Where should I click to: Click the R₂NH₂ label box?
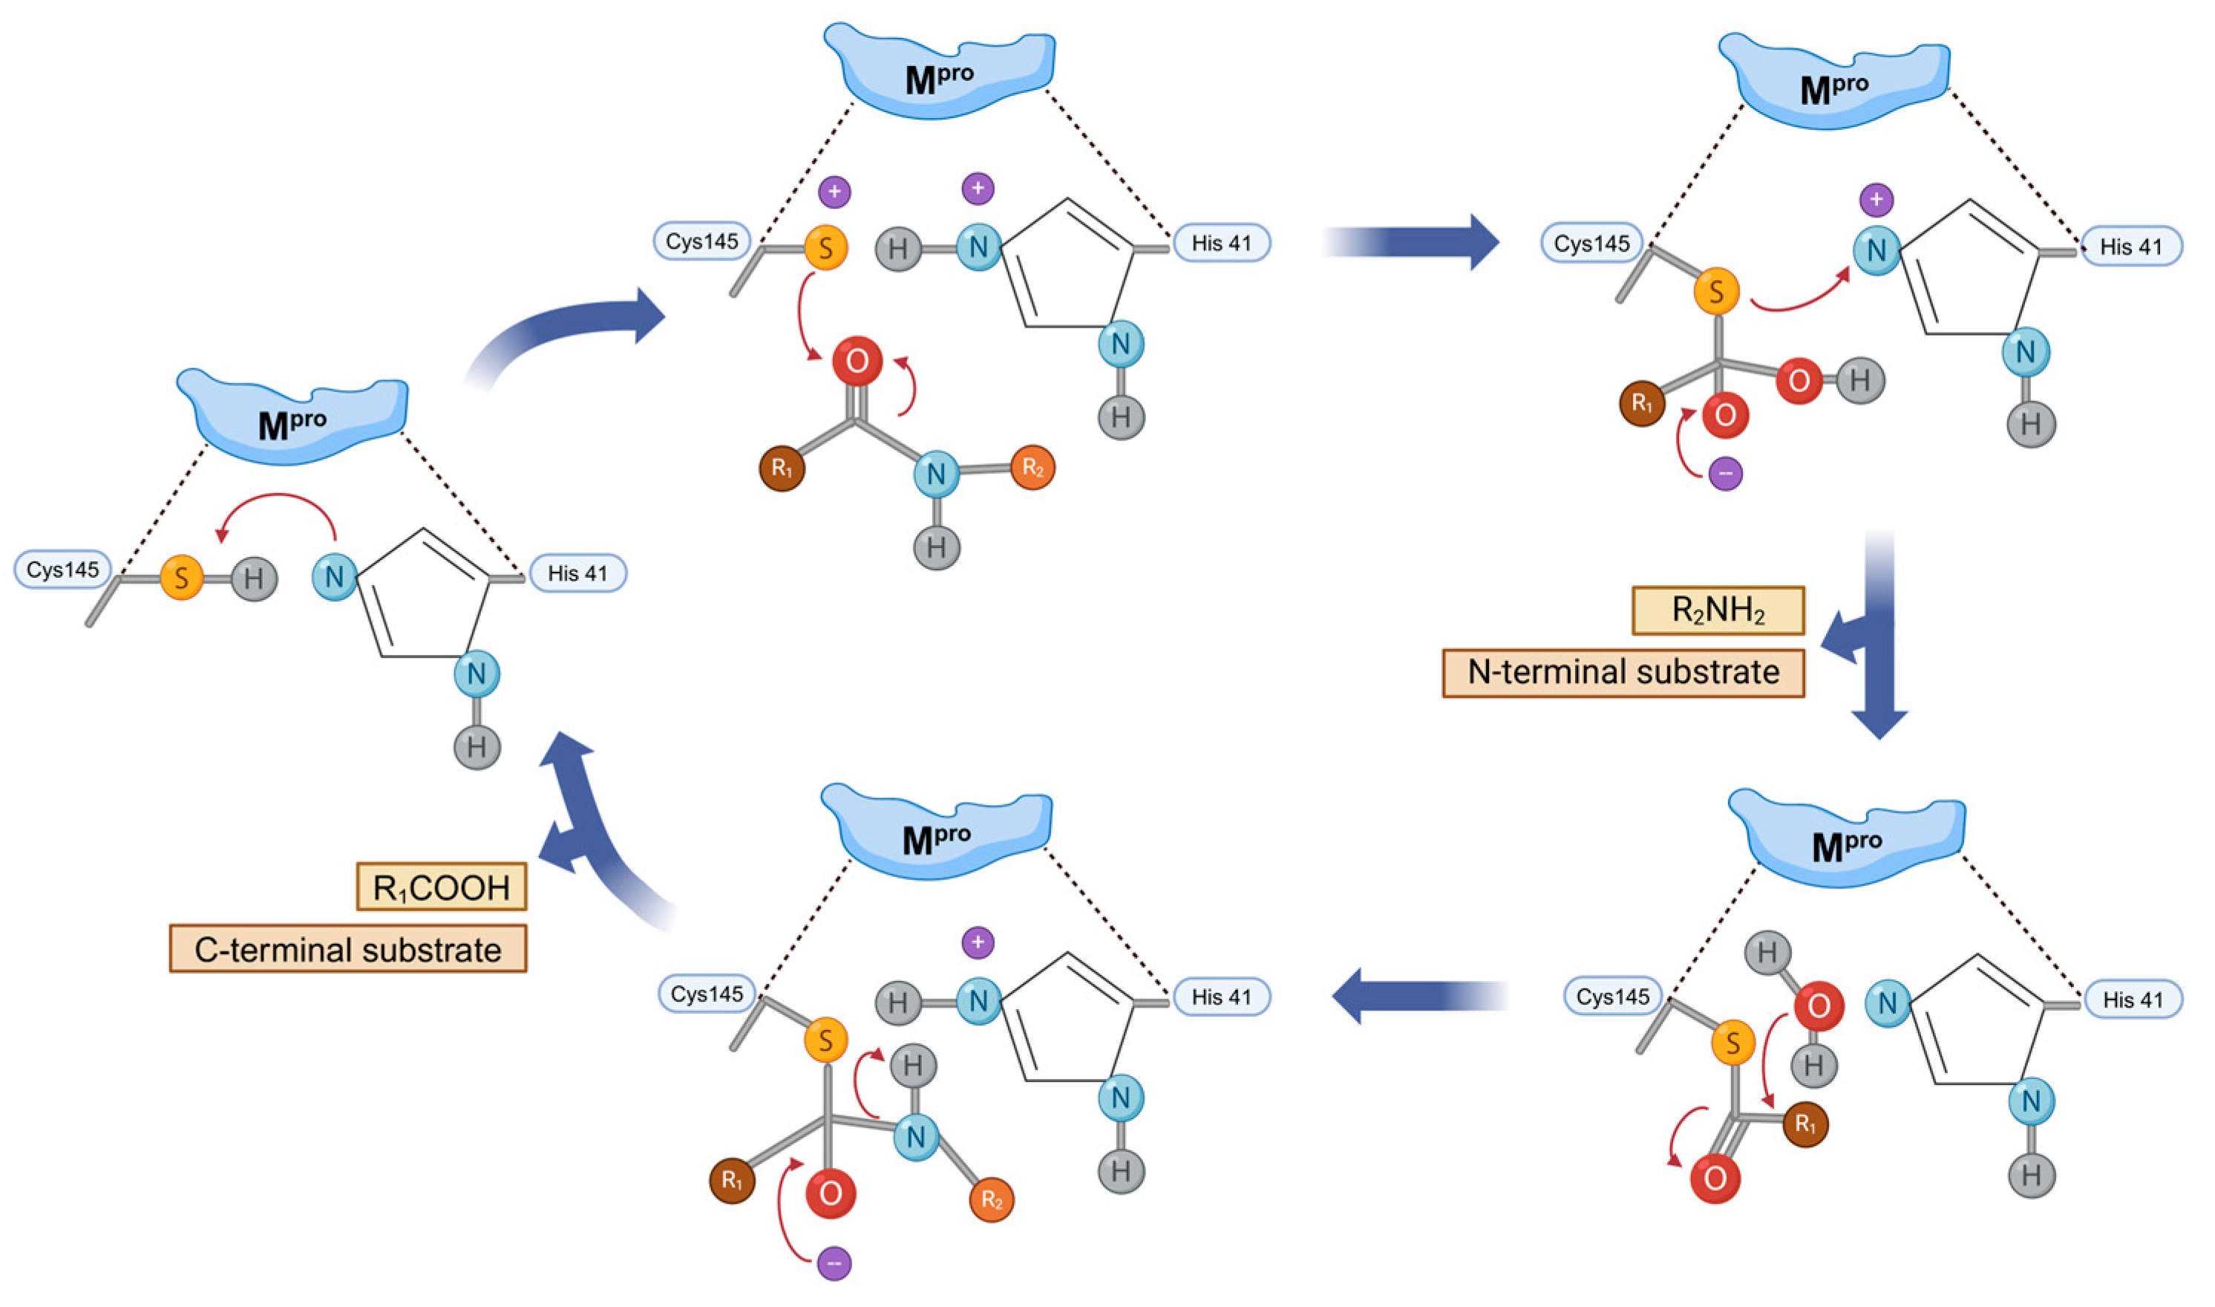[1718, 610]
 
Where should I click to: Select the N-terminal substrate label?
[1623, 673]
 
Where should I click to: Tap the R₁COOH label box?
[441, 887]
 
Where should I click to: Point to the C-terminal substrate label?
[347, 949]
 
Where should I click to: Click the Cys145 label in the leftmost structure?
[62, 570]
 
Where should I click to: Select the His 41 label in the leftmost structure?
[578, 573]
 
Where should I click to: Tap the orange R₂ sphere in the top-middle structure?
[1033, 468]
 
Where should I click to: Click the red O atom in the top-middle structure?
[857, 360]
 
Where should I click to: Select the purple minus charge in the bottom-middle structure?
[834, 1264]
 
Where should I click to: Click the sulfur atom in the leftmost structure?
[181, 578]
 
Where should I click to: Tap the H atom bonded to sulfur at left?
[254, 578]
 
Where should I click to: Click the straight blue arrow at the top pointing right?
[1417, 241]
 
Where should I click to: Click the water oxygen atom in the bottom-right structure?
[1818, 1005]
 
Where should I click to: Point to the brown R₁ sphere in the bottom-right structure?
[1804, 1125]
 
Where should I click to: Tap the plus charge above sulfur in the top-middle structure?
[834, 191]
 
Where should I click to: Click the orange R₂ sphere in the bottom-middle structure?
[991, 1199]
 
